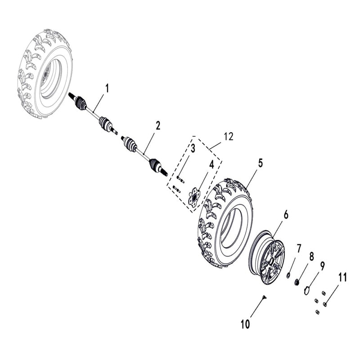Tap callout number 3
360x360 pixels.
pyautogui.click(x=192, y=148)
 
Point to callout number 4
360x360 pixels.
pyautogui.click(x=211, y=165)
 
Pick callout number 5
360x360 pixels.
pyautogui.click(x=260, y=163)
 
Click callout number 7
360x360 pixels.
pyautogui.click(x=298, y=248)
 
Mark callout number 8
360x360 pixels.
pyautogui.click(x=310, y=257)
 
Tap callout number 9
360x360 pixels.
pyautogui.click(x=322, y=265)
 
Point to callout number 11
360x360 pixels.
pyautogui.click(x=342, y=278)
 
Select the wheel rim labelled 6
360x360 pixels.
pyautogui.click(x=267, y=256)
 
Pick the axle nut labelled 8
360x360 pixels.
pyautogui.click(x=297, y=282)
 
